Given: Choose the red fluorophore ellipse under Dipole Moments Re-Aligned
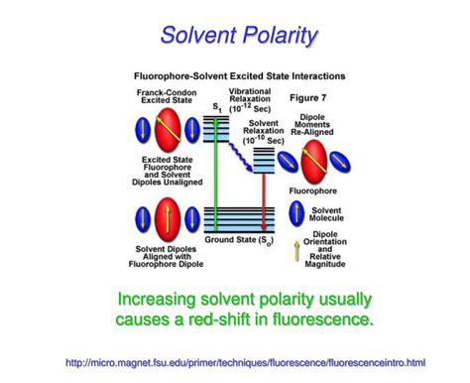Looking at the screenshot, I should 314,159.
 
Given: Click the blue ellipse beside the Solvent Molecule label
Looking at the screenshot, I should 296,212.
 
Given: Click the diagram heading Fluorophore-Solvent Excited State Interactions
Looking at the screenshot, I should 239,74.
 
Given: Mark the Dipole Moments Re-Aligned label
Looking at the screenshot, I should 318,123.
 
